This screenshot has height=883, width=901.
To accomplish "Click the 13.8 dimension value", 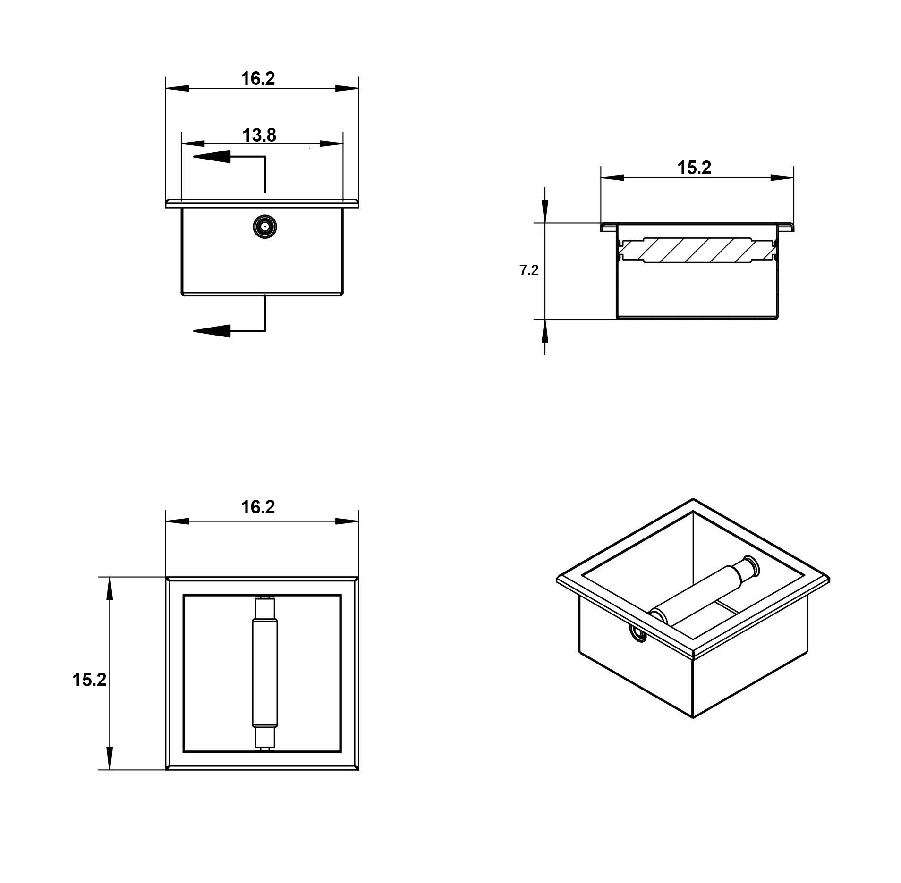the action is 259,135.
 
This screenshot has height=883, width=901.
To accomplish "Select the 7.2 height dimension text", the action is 529,270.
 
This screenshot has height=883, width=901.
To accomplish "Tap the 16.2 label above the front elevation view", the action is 258,78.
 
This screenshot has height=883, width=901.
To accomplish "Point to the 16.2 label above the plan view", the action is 258,507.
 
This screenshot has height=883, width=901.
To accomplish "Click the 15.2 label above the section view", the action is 694,168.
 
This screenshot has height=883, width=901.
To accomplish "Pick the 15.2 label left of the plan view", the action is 89,680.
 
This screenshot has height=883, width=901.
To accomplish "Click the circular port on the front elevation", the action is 264,227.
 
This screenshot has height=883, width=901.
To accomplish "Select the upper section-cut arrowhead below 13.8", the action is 212,157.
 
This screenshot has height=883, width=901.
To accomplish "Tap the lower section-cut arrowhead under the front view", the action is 212,331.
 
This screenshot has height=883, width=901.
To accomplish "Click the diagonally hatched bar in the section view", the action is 697,250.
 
